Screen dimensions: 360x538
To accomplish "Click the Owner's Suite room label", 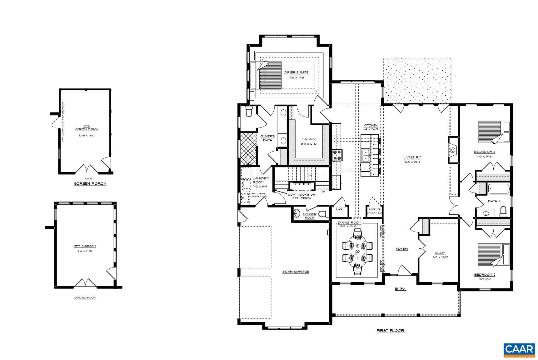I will [x=296, y=72].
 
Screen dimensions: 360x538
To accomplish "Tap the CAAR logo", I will [x=519, y=350].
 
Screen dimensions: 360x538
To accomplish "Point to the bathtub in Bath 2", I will [x=499, y=189].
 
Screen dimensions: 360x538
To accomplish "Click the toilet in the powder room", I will [x=324, y=214].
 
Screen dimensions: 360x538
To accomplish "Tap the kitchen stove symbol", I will [x=337, y=155].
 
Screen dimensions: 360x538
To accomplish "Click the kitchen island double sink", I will [x=366, y=155].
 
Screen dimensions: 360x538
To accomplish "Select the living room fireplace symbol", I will [x=453, y=150].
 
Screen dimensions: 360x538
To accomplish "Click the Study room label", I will [x=440, y=253].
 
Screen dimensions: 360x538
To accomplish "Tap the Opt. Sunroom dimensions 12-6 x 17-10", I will [x=85, y=251].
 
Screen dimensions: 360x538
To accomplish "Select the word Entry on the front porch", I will [x=400, y=289].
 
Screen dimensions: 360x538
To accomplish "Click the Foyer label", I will [x=402, y=249].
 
